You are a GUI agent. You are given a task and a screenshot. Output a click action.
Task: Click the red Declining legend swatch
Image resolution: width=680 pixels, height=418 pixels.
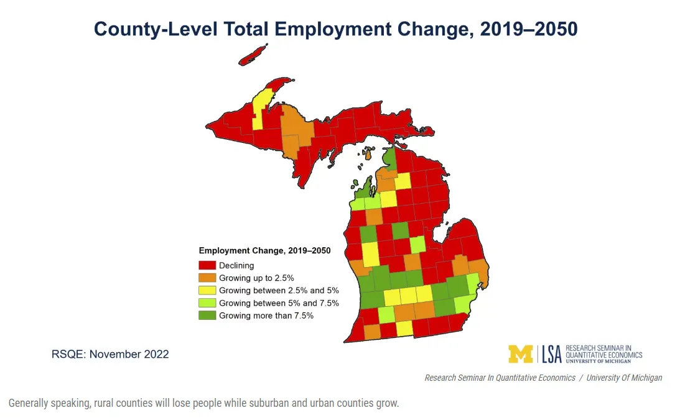click(207, 265)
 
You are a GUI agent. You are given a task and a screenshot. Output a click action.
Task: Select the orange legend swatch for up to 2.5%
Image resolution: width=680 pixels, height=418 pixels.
click(207, 278)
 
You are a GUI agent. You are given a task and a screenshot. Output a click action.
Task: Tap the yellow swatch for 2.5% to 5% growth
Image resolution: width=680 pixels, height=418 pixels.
click(207, 290)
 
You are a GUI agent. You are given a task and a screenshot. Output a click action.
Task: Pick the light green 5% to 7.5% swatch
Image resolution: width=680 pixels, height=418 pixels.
click(207, 302)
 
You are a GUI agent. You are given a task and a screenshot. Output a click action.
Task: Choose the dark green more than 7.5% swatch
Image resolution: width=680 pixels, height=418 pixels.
click(207, 315)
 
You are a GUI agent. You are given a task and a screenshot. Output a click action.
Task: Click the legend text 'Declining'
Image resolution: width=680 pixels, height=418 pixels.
click(236, 265)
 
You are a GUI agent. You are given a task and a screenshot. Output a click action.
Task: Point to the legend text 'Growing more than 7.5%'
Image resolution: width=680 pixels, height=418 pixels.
click(266, 315)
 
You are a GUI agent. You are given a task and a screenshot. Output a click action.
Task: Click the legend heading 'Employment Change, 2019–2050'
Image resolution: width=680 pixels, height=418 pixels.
click(264, 251)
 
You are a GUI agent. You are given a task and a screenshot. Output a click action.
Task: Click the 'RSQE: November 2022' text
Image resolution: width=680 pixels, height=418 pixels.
click(110, 354)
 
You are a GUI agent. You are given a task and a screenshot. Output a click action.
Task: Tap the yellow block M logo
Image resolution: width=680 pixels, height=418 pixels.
click(521, 353)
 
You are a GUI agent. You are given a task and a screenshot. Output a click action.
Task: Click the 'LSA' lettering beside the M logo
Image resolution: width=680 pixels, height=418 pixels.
click(551, 353)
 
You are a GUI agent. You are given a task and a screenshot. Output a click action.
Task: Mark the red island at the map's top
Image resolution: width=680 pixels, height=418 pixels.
click(253, 55)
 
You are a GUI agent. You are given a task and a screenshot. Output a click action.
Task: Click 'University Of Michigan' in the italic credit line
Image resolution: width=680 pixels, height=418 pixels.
click(624, 378)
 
